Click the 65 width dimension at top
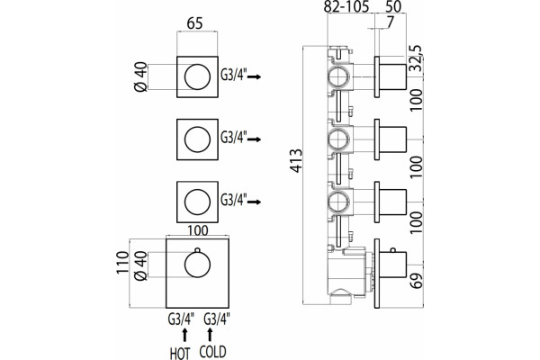[195, 23]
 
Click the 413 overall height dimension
[296, 160]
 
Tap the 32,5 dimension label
[416, 58]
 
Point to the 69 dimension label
[416, 281]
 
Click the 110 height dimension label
[121, 263]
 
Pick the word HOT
[180, 353]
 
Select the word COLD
[212, 352]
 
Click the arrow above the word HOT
[184, 335]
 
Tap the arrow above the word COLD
[210, 335]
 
